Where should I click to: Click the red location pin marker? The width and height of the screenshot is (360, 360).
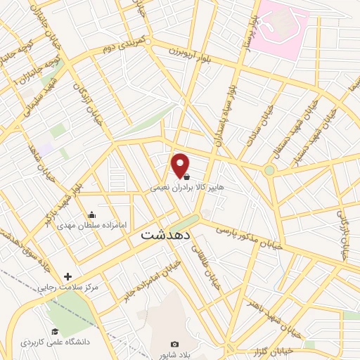pyautogui.click(x=180, y=165)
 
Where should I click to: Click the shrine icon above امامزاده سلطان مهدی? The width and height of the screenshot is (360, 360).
pyautogui.click(x=91, y=215)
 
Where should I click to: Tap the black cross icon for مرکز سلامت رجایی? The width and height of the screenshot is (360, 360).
pyautogui.click(x=67, y=276)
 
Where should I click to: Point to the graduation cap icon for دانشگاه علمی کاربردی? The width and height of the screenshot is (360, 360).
pyautogui.click(x=55, y=332)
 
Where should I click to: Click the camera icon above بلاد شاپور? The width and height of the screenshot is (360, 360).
pyautogui.click(x=174, y=344)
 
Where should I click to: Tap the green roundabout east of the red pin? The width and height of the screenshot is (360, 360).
pyautogui.click(x=269, y=170)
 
